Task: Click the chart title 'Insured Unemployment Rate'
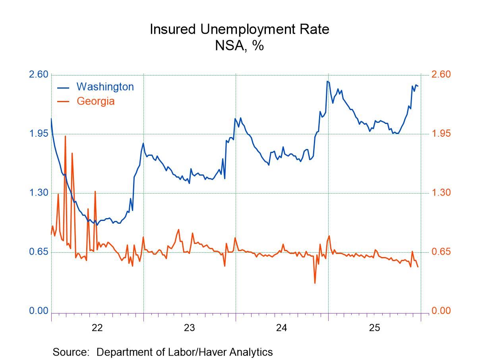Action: pos(239,29)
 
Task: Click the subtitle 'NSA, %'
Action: pos(239,46)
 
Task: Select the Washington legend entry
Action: pos(105,87)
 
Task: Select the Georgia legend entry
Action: pos(95,101)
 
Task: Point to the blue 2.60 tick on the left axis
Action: pos(39,75)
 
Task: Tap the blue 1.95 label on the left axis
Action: pos(39,134)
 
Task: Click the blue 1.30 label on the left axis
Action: pos(39,193)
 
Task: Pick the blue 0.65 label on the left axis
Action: pos(39,252)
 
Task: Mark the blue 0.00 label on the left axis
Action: pos(39,311)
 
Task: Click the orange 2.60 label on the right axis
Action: pos(441,75)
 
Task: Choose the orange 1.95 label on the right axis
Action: pos(441,134)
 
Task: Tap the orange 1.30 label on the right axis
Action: pos(441,193)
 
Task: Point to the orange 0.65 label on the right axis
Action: pos(441,252)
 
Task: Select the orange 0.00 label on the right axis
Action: pos(441,311)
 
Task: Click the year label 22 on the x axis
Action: pos(97,328)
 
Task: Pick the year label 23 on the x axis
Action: pos(190,328)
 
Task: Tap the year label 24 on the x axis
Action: pos(282,328)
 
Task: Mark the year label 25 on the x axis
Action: pos(374,328)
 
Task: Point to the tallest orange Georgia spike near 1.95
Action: pos(65,137)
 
